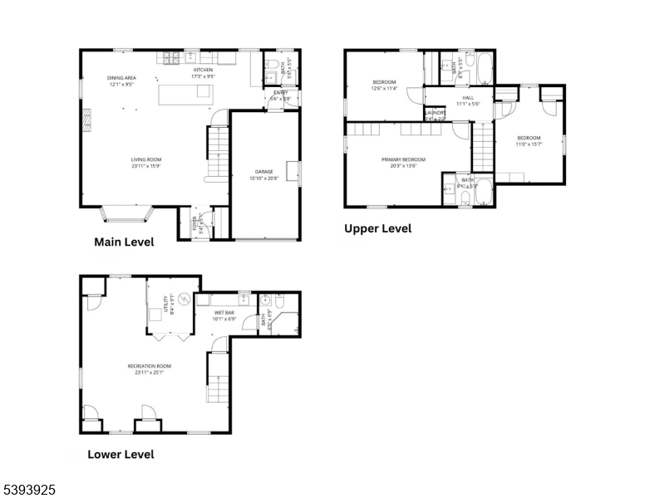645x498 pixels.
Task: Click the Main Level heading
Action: click(x=123, y=243)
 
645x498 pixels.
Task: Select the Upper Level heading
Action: click(x=378, y=228)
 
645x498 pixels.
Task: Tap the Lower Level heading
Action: click(x=121, y=454)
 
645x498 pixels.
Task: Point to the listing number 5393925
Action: click(x=29, y=491)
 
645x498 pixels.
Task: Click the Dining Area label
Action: click(x=121, y=81)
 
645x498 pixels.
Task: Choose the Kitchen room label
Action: click(x=204, y=73)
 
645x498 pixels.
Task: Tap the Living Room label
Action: click(x=145, y=163)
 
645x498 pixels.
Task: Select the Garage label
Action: click(x=264, y=175)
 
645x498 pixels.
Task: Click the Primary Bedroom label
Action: click(x=403, y=162)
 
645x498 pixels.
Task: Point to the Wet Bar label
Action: click(x=224, y=315)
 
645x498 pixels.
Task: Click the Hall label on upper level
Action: click(x=468, y=100)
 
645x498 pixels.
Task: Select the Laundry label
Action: click(x=436, y=115)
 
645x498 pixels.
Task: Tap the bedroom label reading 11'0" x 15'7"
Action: click(x=529, y=141)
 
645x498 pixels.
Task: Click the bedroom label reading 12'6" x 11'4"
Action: click(x=384, y=85)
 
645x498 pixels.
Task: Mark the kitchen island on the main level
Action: click(x=185, y=93)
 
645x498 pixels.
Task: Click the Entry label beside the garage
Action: click(x=281, y=95)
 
